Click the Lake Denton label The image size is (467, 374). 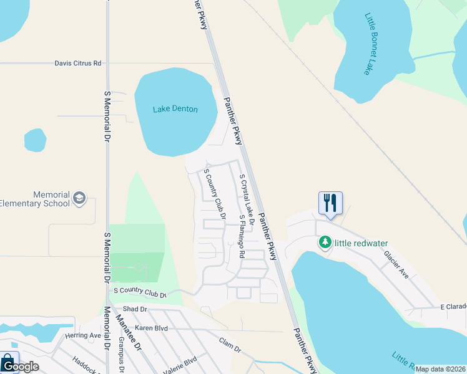tap(175, 109)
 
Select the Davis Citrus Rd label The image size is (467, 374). tap(77, 63)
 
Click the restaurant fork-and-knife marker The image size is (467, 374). tap(330, 203)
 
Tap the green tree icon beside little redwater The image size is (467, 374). tap(325, 242)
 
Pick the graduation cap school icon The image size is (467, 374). tap(79, 198)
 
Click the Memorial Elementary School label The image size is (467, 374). tap(35, 199)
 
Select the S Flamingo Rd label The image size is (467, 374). tap(242, 236)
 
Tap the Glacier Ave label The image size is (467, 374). tap(396, 264)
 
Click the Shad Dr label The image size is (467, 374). tap(134, 309)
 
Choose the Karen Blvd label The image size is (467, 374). tap(152, 327)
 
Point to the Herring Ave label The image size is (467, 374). tap(83, 335)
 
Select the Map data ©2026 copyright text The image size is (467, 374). tap(440, 369)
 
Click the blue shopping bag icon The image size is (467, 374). tap(8, 361)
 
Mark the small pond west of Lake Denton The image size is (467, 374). tap(36, 140)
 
